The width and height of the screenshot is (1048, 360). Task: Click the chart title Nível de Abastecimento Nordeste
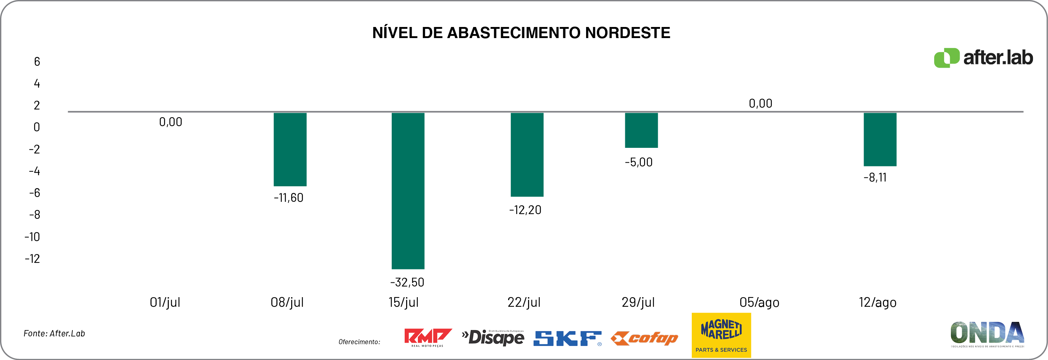pyautogui.click(x=521, y=33)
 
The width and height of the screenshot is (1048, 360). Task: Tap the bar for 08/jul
pyautogui.click(x=290, y=149)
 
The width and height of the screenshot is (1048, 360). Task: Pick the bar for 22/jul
pyautogui.click(x=527, y=154)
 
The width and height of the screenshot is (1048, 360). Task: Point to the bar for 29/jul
pyautogui.click(x=641, y=130)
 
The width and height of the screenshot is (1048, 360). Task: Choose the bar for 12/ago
pyautogui.click(x=880, y=139)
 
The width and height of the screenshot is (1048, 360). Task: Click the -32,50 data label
pyautogui.click(x=407, y=282)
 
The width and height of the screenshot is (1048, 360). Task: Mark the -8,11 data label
pyautogui.click(x=875, y=177)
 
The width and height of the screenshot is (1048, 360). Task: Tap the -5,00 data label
pyautogui.click(x=638, y=162)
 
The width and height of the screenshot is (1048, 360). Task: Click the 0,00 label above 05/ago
pyautogui.click(x=761, y=103)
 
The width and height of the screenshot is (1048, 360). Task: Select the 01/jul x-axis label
pyautogui.click(x=165, y=302)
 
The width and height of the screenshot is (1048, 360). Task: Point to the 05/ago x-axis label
pyautogui.click(x=759, y=302)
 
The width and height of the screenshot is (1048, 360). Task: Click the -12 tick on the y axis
pyautogui.click(x=33, y=258)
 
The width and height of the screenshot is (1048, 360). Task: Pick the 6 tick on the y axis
pyautogui.click(x=37, y=61)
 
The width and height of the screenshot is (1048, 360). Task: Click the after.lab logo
pyautogui.click(x=983, y=58)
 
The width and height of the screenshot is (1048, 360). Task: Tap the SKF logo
pyautogui.click(x=567, y=338)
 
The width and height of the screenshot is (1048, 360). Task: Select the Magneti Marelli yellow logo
pyautogui.click(x=721, y=335)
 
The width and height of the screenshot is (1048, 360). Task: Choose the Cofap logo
pyautogui.click(x=644, y=338)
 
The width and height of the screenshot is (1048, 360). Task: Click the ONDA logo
pyautogui.click(x=987, y=333)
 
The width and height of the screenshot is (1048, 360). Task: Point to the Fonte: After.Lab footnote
pyautogui.click(x=54, y=333)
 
